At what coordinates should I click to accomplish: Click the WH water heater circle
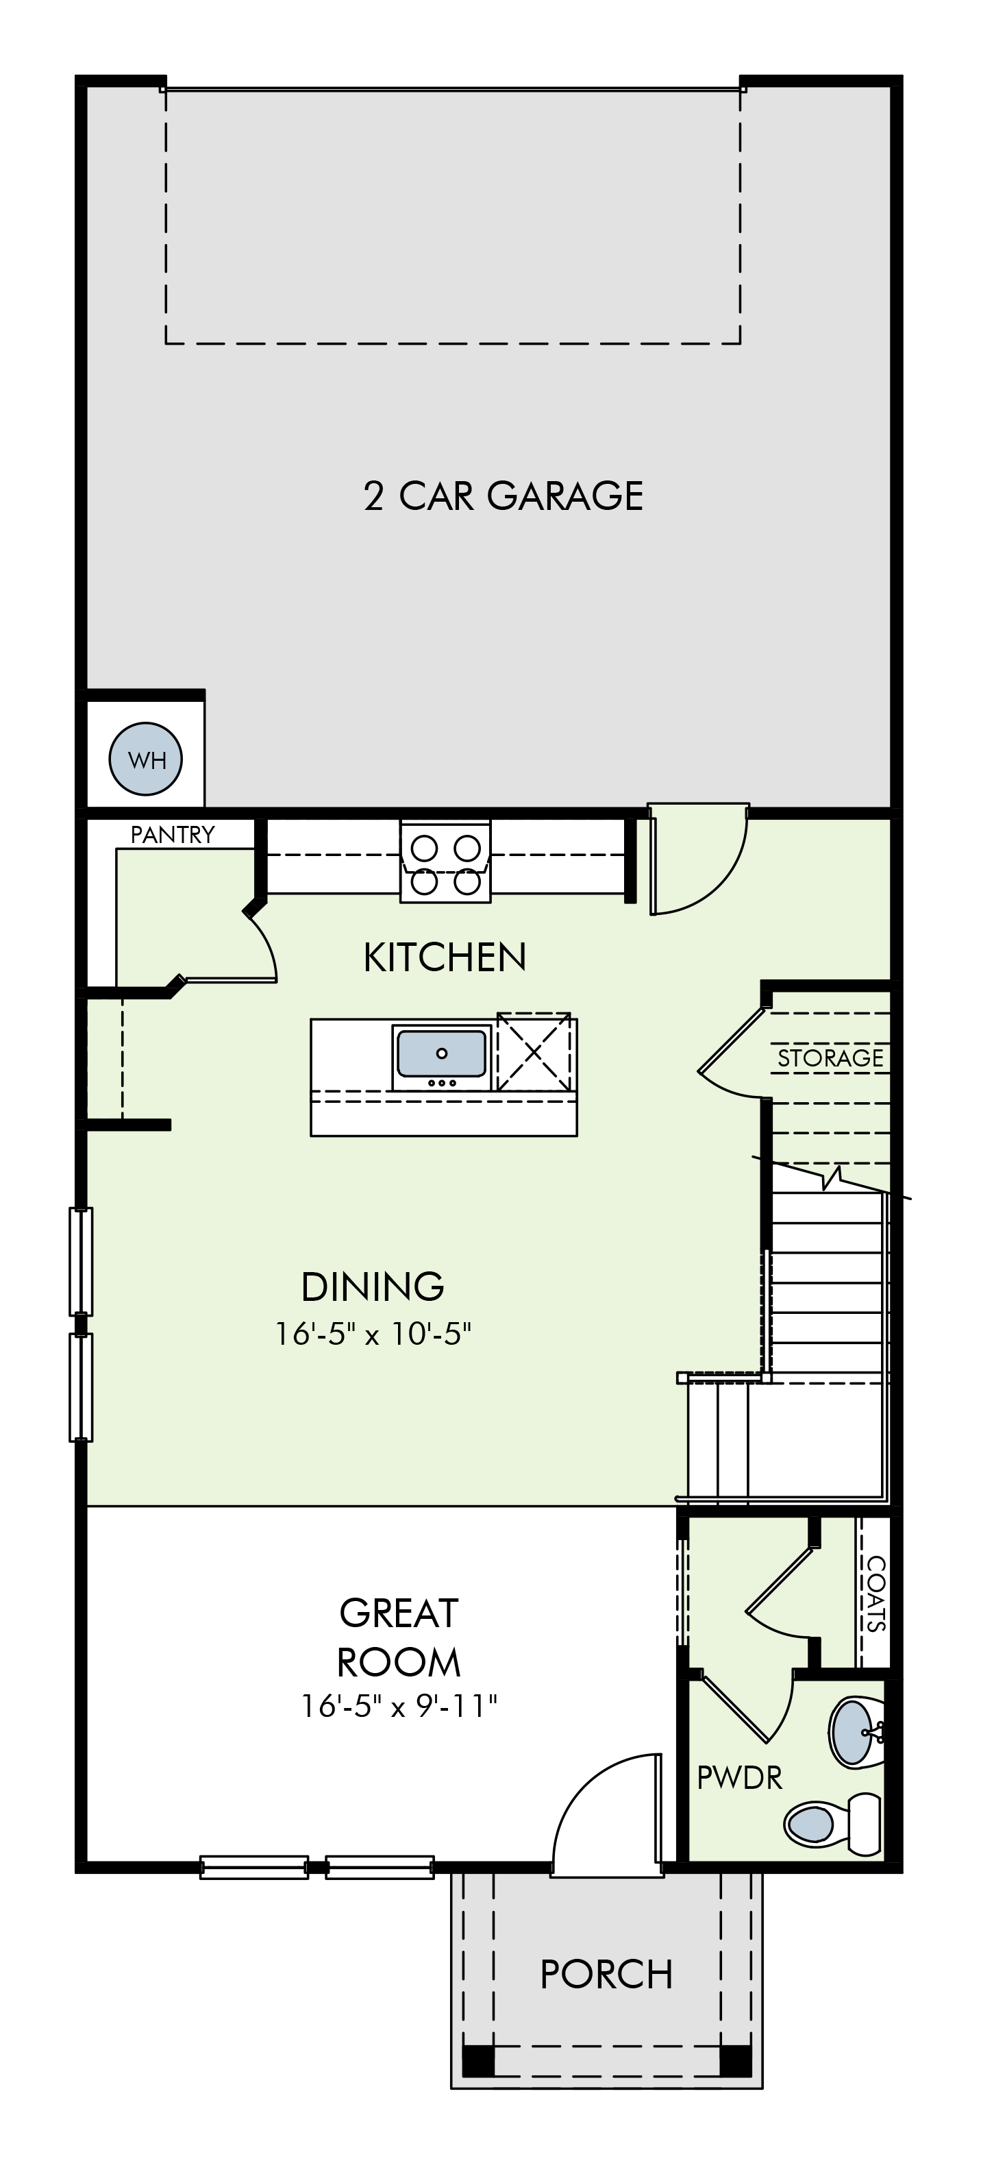coord(146,759)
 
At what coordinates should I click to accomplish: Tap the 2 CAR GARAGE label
coord(504,496)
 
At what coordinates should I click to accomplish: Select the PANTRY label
coord(173,834)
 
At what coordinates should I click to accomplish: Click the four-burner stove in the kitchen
coord(445,861)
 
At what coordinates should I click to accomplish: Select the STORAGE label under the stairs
coord(830,1058)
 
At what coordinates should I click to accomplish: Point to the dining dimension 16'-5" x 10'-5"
coord(373,1334)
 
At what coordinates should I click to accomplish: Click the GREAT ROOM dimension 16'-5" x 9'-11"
coord(399,1707)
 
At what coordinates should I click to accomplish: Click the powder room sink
coord(856,1733)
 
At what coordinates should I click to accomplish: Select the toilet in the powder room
coord(833,1822)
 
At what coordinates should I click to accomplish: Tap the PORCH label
coord(606,1975)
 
